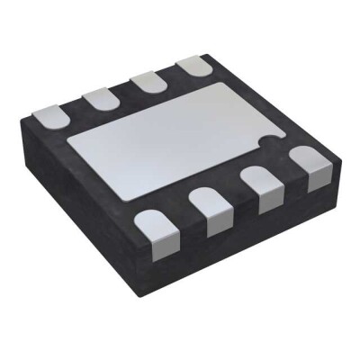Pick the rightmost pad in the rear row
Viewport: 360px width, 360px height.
[x=191, y=67]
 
